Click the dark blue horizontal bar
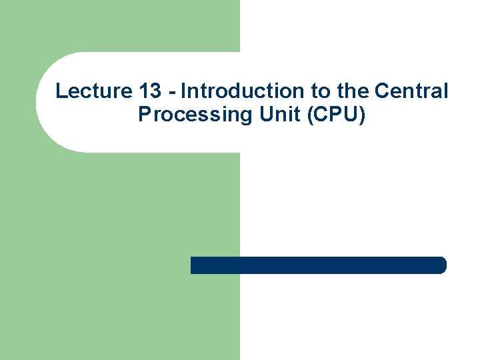(x=317, y=265)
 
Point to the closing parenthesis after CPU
(x=362, y=115)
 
